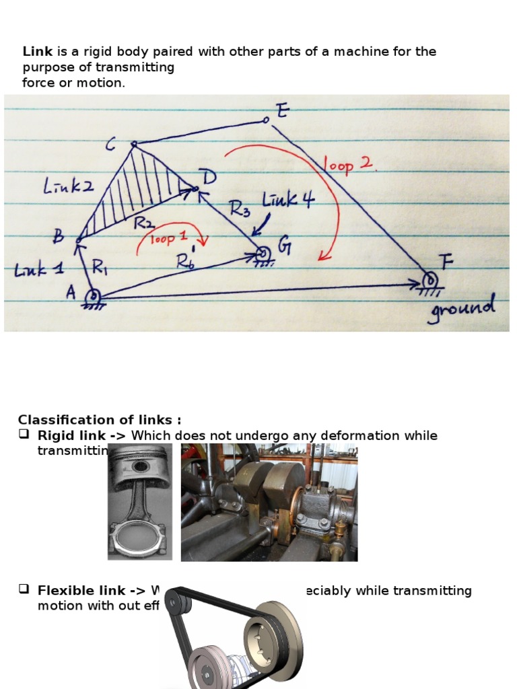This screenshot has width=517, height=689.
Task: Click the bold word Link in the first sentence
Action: [37, 52]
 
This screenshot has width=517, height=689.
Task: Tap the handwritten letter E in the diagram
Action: [282, 111]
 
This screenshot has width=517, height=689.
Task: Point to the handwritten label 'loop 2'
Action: [349, 165]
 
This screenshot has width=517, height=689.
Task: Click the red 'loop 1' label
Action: [170, 239]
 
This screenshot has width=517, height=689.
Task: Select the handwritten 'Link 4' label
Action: [288, 201]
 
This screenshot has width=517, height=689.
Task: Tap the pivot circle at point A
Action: [94, 295]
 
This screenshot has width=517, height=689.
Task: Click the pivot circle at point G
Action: [262, 254]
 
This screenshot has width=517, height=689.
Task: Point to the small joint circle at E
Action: [266, 120]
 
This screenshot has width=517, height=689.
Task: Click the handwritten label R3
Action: [240, 209]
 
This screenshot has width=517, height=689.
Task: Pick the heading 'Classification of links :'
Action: [99, 420]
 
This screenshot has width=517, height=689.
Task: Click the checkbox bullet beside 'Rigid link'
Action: [24, 435]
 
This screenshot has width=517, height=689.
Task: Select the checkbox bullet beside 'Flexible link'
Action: [24, 590]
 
